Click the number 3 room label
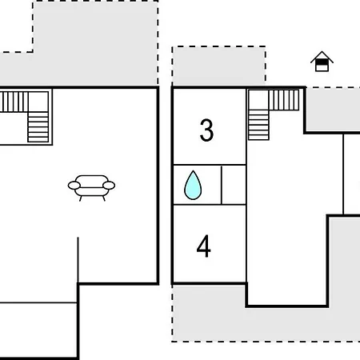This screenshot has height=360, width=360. click(206, 130)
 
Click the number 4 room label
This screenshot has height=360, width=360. click(204, 246)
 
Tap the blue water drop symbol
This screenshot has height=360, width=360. click(193, 185)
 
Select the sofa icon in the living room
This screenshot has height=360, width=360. click(91, 188)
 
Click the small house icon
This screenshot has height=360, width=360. click(322, 62)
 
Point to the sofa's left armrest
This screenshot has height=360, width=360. click(74, 186)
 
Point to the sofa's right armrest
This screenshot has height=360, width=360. click(109, 186)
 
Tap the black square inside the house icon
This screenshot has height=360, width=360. click(322, 62)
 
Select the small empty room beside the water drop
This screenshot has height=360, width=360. click(234, 185)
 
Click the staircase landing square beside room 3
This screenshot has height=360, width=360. click(258, 100)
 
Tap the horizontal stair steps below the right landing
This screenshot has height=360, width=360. click(258, 125)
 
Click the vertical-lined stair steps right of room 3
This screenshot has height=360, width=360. click(284, 100)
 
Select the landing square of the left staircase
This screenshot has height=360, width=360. click(38, 102)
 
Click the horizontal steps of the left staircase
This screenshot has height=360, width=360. click(38, 127)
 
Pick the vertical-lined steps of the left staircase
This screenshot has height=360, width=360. click(14, 102)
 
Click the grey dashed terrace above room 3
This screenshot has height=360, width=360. click(218, 66)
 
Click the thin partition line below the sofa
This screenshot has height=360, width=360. click(78, 259)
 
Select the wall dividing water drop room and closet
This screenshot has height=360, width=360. click(222, 185)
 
